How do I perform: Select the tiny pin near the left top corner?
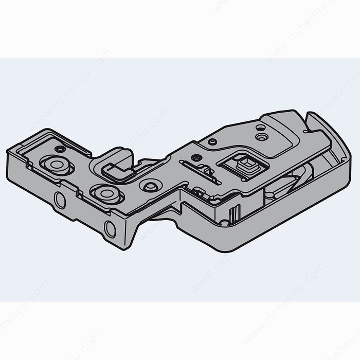[x=61, y=149]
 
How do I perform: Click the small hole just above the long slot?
[x=194, y=157]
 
